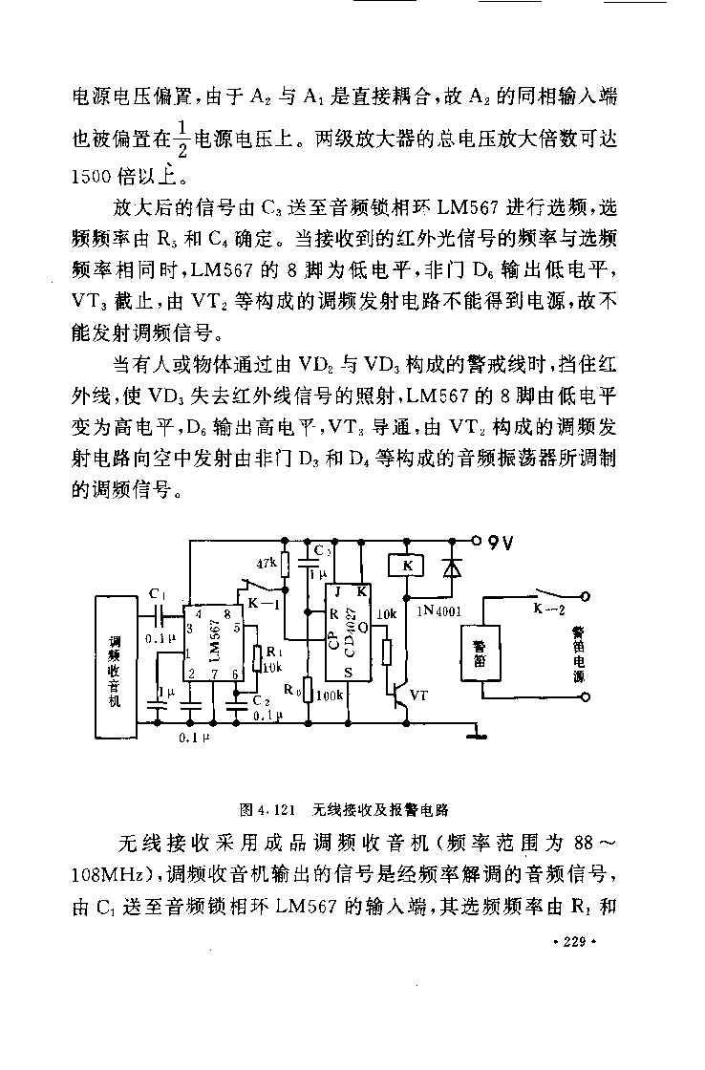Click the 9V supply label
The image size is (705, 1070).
[501, 544]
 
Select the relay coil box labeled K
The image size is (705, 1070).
[406, 566]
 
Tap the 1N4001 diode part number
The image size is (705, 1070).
[438, 611]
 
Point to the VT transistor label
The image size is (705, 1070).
[419, 695]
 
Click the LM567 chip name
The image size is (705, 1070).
[216, 641]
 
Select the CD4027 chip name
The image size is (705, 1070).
[350, 632]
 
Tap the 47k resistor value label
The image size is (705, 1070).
[267, 564]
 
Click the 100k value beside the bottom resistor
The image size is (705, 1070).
[329, 695]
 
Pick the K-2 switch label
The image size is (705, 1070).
[549, 610]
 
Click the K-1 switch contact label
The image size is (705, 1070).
[260, 603]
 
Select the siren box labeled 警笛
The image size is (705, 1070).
[481, 653]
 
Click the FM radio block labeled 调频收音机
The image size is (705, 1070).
[115, 667]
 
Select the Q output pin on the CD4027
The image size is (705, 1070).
[362, 627]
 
